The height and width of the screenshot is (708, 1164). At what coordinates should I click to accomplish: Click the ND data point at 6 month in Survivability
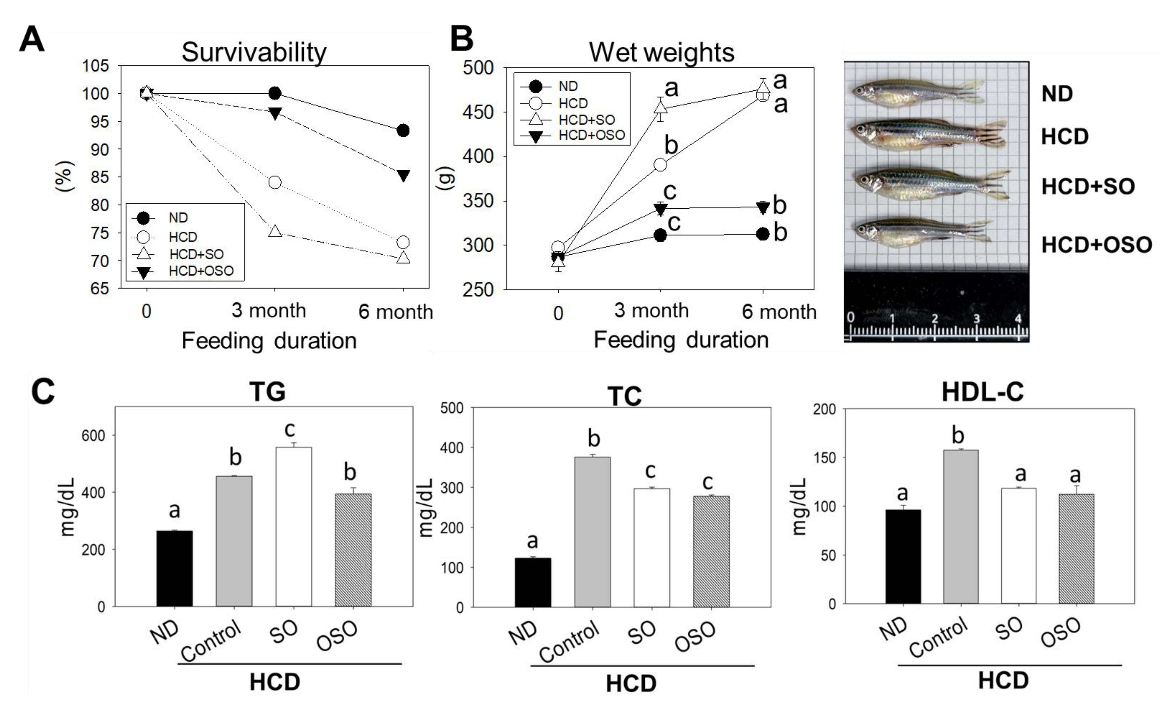[x=403, y=131]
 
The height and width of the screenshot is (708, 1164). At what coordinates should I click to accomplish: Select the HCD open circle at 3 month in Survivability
[x=274, y=182]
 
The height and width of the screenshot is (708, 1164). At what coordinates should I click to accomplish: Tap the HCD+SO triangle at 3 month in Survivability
[x=275, y=231]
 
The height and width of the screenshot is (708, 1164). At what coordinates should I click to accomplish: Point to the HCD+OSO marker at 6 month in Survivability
[x=403, y=176]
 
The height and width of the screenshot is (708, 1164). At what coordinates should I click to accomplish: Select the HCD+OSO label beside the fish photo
[x=1096, y=245]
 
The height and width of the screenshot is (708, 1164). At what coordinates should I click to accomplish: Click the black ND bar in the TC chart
[x=533, y=582]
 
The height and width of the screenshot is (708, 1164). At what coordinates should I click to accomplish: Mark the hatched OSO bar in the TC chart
[x=711, y=551]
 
